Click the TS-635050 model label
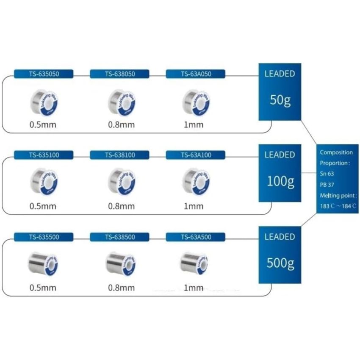[44, 74]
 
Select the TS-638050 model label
[120, 74]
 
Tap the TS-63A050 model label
[196, 74]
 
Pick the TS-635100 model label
[44, 155]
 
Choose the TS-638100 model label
[120, 155]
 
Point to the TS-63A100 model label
[196, 155]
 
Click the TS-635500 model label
[44, 237]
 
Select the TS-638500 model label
[120, 237]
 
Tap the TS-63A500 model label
[196, 237]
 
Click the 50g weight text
[280, 101]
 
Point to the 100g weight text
[280, 182]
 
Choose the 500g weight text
[280, 263]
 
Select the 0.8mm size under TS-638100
[121, 206]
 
